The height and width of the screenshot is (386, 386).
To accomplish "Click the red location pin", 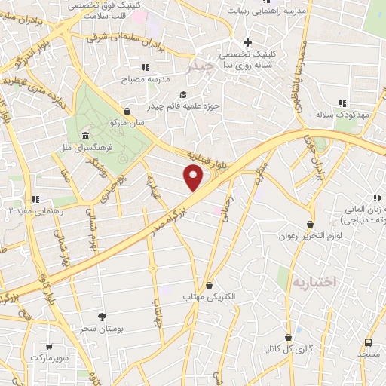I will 194,178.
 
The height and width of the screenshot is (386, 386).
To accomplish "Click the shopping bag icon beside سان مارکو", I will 126,112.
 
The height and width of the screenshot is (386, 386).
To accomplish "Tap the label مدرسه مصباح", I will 155,78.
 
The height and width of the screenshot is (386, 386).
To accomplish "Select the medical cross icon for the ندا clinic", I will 247,42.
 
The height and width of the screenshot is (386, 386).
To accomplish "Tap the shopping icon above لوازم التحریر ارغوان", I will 310,225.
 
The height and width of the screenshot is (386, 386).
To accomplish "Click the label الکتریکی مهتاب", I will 209,296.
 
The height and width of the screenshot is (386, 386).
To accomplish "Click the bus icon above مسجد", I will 368,342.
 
